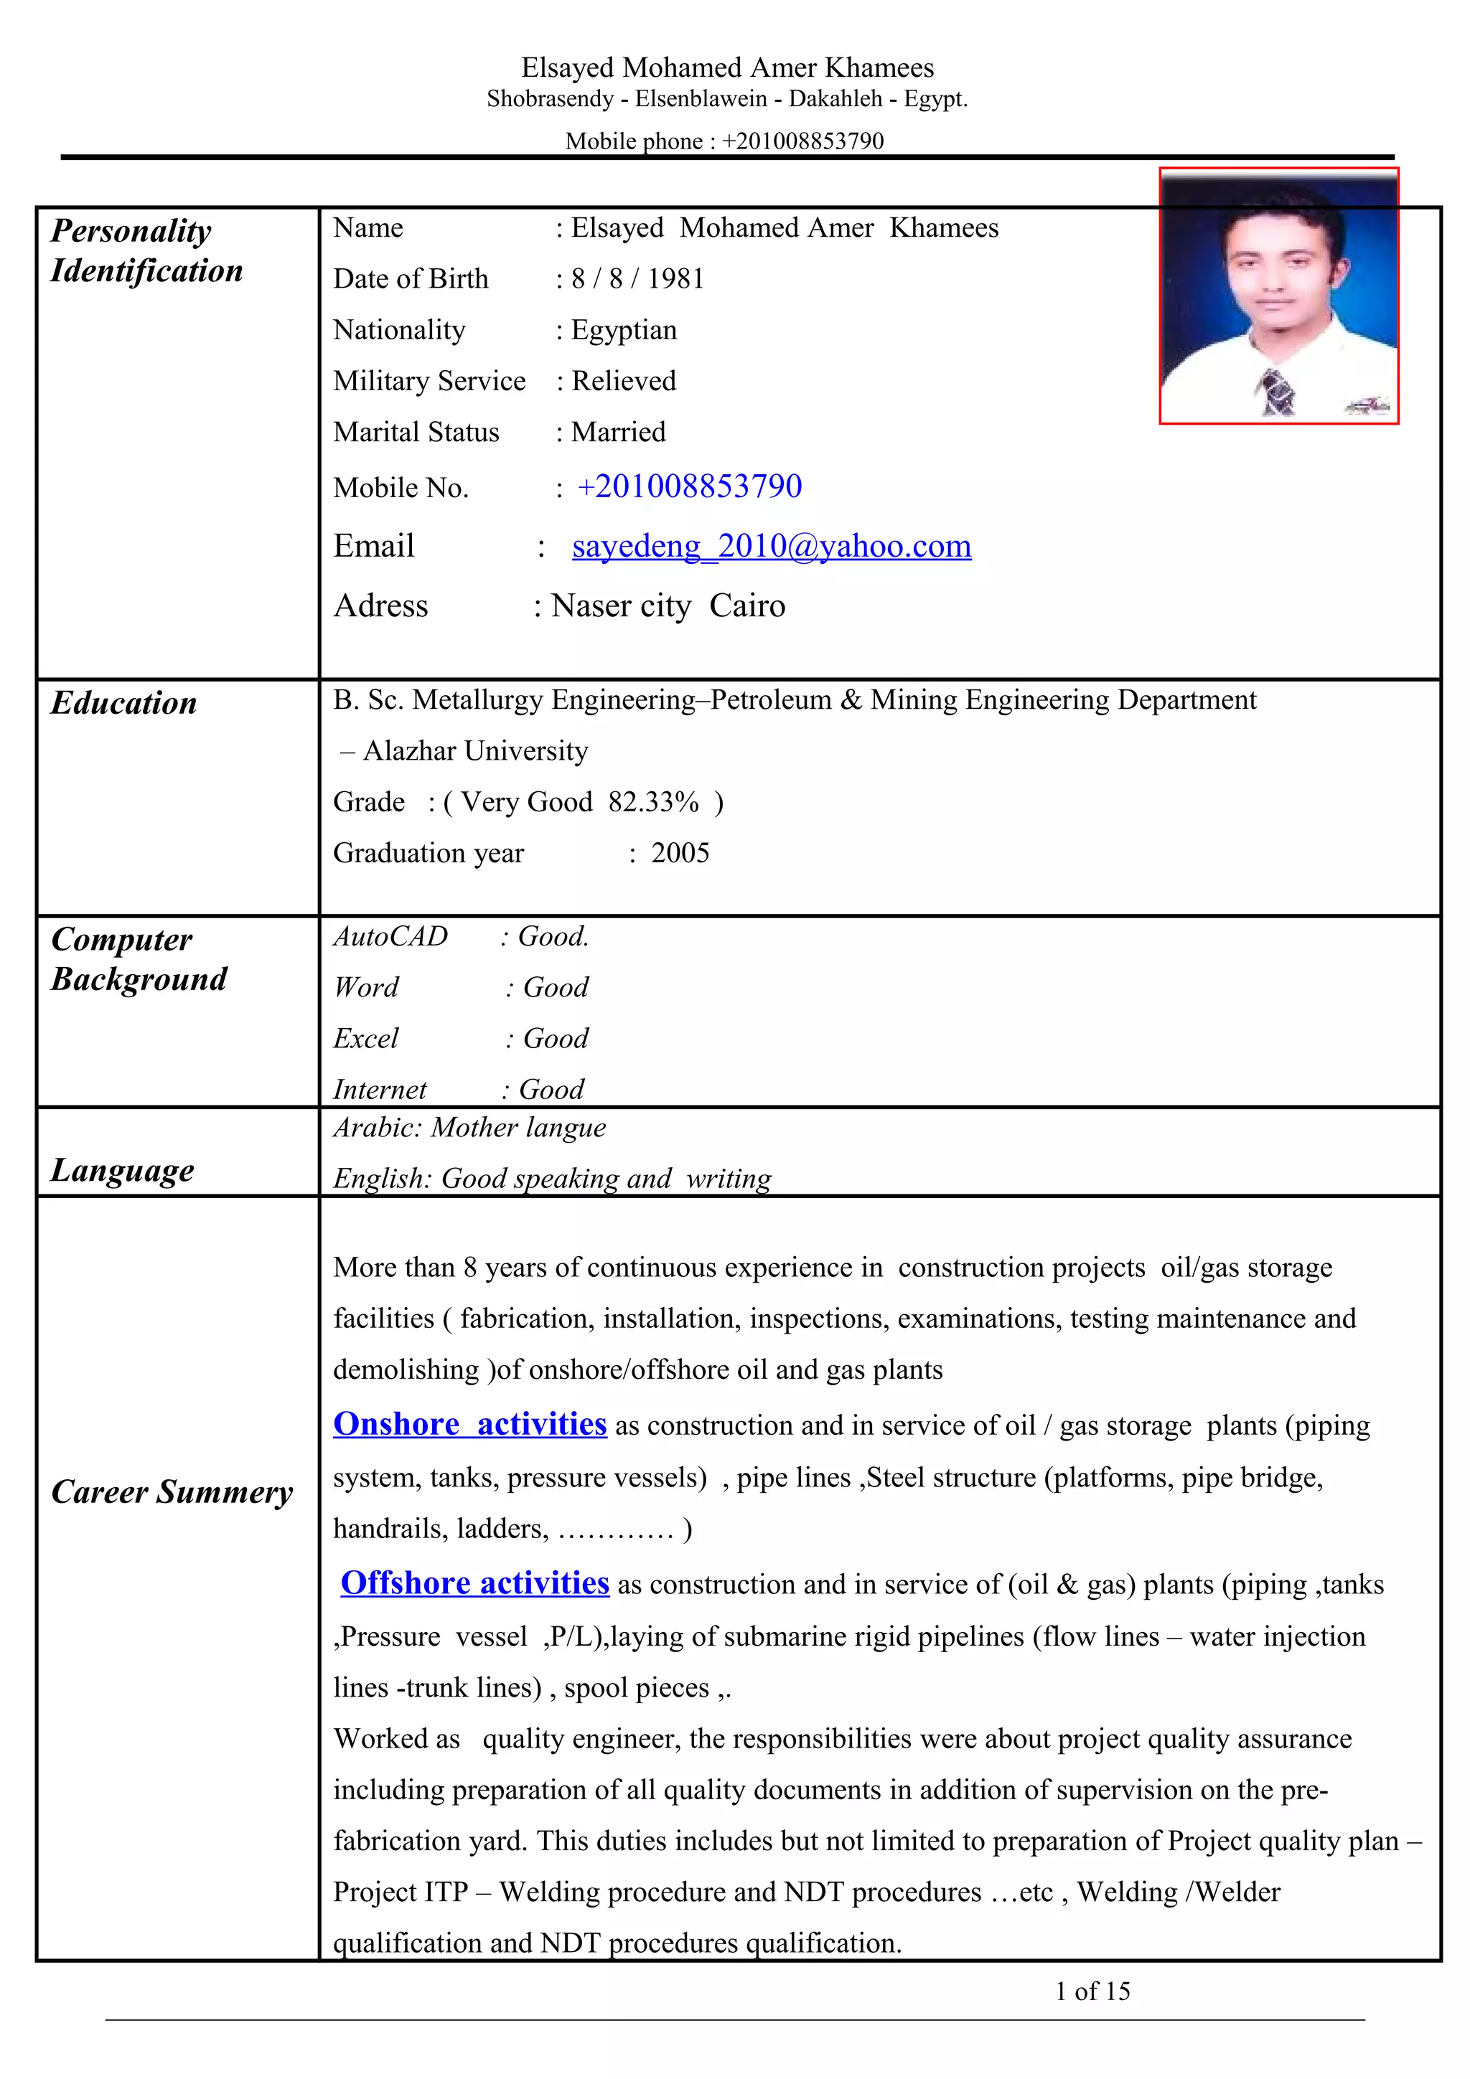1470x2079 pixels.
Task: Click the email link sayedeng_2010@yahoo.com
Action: click(x=772, y=546)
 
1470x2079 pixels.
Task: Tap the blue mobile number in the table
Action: click(x=689, y=486)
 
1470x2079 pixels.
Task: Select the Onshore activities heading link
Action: click(x=469, y=1424)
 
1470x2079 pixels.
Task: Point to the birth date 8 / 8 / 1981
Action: click(x=637, y=279)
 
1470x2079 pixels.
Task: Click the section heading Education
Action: click(x=124, y=702)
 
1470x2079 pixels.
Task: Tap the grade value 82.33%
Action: click(x=653, y=802)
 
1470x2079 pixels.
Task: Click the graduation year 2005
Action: click(x=680, y=853)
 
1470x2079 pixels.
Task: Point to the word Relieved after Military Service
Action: click(x=624, y=381)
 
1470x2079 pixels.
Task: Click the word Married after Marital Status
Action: click(x=619, y=432)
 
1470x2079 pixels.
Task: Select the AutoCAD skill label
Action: click(x=390, y=936)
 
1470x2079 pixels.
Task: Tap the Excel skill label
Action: click(x=366, y=1039)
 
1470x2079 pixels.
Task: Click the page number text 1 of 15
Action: click(x=1092, y=1991)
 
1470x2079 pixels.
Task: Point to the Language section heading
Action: click(x=122, y=1170)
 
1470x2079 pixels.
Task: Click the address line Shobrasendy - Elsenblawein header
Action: click(x=726, y=99)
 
